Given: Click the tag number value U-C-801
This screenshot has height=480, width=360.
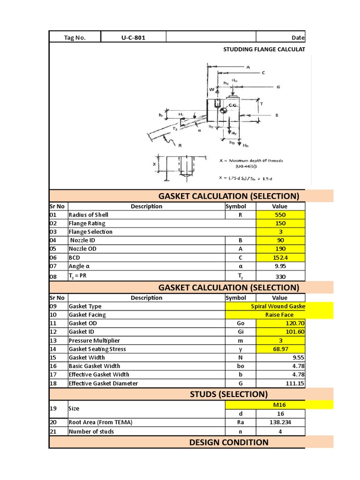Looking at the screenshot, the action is pos(133,37).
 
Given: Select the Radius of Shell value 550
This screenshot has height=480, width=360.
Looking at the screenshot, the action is pos(280,215).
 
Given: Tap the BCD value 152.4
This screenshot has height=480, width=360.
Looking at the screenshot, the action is pos(280,258).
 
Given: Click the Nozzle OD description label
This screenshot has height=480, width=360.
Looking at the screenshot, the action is pos(83,249).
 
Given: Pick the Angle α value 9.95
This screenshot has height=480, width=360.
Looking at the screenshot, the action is pos(280,266).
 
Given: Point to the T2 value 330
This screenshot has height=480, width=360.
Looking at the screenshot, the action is pos(280,277).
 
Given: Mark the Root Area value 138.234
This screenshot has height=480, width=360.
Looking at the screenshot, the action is pos(280,422).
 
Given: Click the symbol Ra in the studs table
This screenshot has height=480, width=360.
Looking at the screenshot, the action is pos(240,422).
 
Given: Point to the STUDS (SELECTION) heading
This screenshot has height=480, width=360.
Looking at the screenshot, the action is pos(228,394).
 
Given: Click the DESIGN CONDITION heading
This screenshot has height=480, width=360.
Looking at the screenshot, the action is pos(228,442).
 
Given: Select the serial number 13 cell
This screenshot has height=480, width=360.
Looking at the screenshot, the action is pos(53,340).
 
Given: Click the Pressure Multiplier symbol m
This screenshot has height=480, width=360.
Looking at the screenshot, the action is pos(240,340).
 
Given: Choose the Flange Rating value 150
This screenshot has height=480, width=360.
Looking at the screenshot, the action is pos(280,223).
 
